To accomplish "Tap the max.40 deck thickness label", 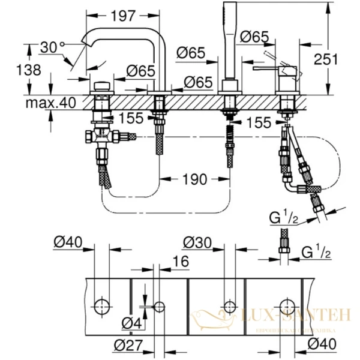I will (x=50, y=103).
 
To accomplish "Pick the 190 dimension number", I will (x=196, y=179).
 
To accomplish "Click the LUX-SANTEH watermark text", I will (x=287, y=314).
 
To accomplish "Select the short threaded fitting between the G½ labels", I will (x=282, y=246).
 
